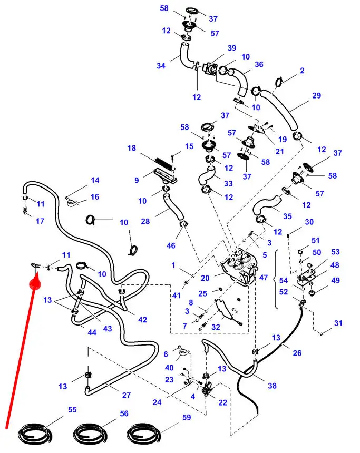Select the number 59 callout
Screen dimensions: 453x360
click(x=186, y=418)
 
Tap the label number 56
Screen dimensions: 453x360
click(x=124, y=413)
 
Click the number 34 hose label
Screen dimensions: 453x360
click(x=161, y=66)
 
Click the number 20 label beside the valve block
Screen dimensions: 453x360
click(x=205, y=278)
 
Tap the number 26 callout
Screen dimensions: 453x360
click(x=297, y=352)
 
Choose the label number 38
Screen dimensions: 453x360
click(x=272, y=386)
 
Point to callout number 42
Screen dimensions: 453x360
click(x=142, y=319)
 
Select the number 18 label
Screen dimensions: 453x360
click(x=131, y=149)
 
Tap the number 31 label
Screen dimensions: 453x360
click(x=338, y=323)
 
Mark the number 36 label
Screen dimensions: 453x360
click(x=259, y=64)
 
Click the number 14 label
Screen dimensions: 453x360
click(x=95, y=180)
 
